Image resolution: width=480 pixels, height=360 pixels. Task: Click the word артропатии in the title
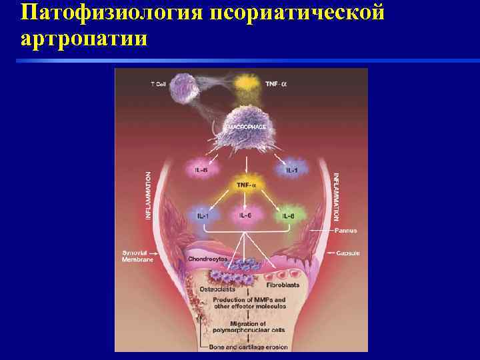[x=85, y=39]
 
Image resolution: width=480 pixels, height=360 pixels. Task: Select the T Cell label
[x=158, y=84]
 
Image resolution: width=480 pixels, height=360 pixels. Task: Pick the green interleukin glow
[x=288, y=215]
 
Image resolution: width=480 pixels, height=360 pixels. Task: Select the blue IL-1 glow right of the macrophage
[x=291, y=169]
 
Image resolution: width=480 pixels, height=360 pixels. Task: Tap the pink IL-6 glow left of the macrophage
[x=202, y=170]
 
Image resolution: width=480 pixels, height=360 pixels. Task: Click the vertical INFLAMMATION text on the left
[x=148, y=195]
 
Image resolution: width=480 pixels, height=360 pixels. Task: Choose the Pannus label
[x=346, y=231]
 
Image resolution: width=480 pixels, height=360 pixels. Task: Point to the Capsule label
[x=347, y=253]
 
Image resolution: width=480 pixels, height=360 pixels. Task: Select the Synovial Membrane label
[x=138, y=257]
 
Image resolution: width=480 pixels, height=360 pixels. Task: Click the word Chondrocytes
[x=207, y=259]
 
